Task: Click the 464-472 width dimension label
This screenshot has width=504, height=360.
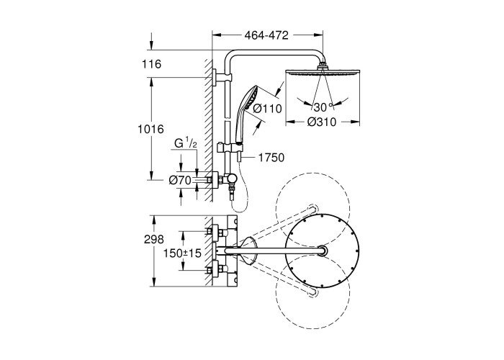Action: pyautogui.click(x=268, y=34)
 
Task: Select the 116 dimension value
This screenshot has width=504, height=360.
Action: pyautogui.click(x=151, y=64)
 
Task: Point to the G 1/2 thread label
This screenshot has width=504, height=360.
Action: pyautogui.click(x=185, y=145)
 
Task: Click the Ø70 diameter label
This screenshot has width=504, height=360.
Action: pyautogui.click(x=179, y=180)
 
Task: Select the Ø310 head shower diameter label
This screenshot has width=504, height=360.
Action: pyautogui.click(x=321, y=122)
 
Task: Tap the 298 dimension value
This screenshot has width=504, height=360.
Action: pyautogui.click(x=154, y=239)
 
